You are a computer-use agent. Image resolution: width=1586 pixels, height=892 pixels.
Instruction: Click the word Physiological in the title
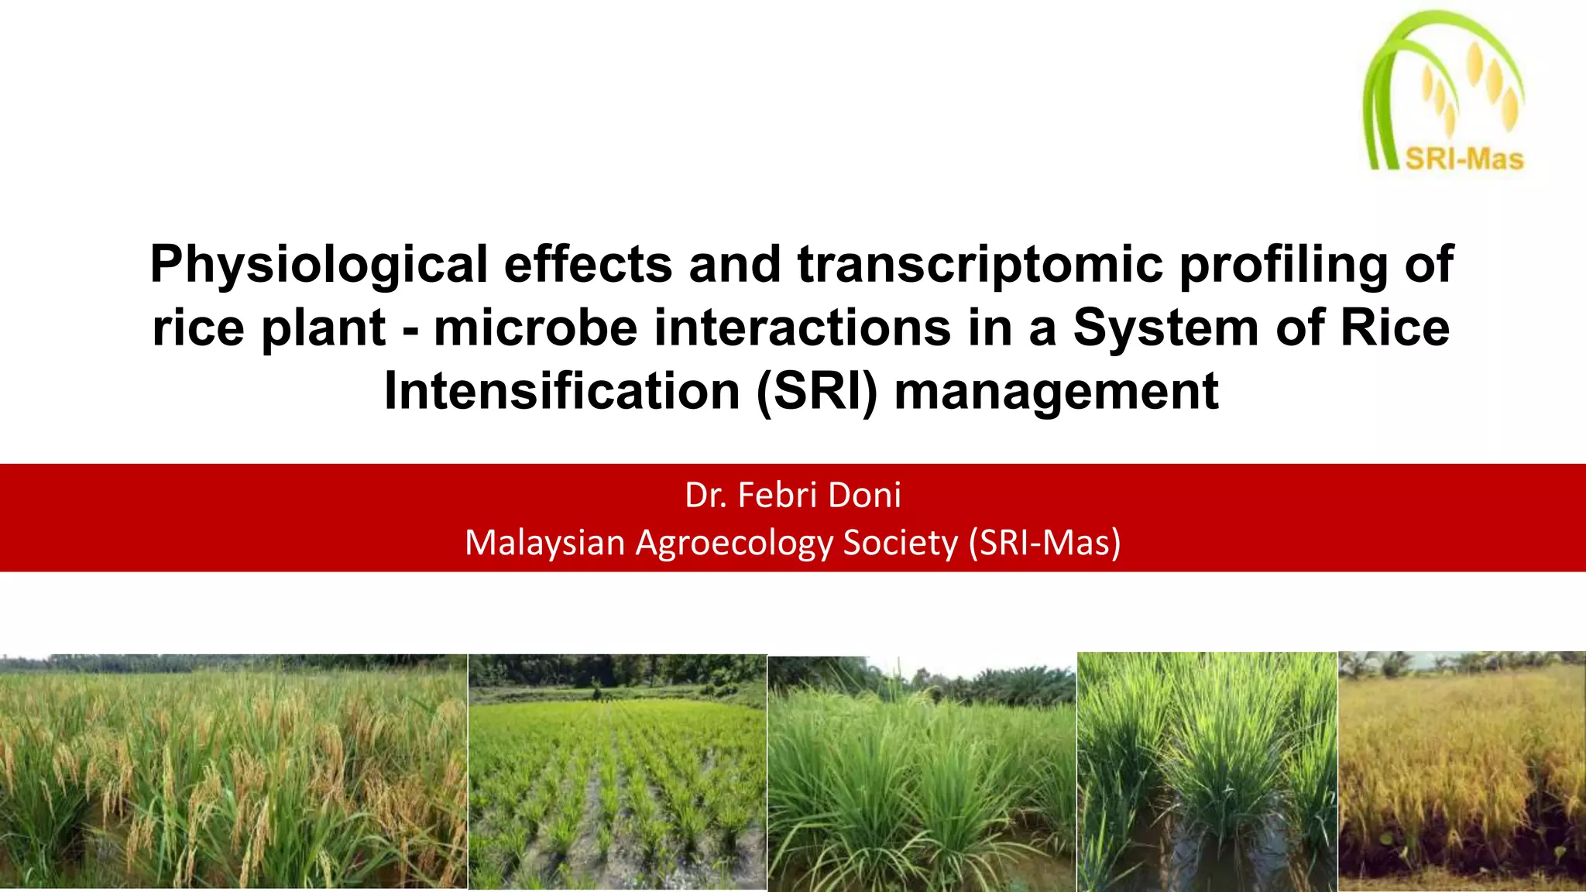tap(318, 266)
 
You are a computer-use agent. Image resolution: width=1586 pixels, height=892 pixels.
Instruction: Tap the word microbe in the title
tap(535, 328)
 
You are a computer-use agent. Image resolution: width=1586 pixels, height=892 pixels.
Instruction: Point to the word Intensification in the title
tap(562, 391)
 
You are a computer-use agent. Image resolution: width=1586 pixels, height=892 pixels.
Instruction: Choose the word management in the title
tap(1056, 393)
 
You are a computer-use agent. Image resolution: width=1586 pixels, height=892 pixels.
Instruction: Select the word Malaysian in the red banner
tap(544, 543)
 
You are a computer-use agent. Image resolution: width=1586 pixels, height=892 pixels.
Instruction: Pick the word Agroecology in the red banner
tap(734, 543)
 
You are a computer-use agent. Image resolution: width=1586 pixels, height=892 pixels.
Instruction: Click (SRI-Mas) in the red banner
tap(1045, 543)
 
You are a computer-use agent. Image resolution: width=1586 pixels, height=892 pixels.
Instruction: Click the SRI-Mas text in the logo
tap(1464, 160)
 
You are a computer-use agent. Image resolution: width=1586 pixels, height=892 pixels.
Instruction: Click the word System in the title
tap(1165, 328)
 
